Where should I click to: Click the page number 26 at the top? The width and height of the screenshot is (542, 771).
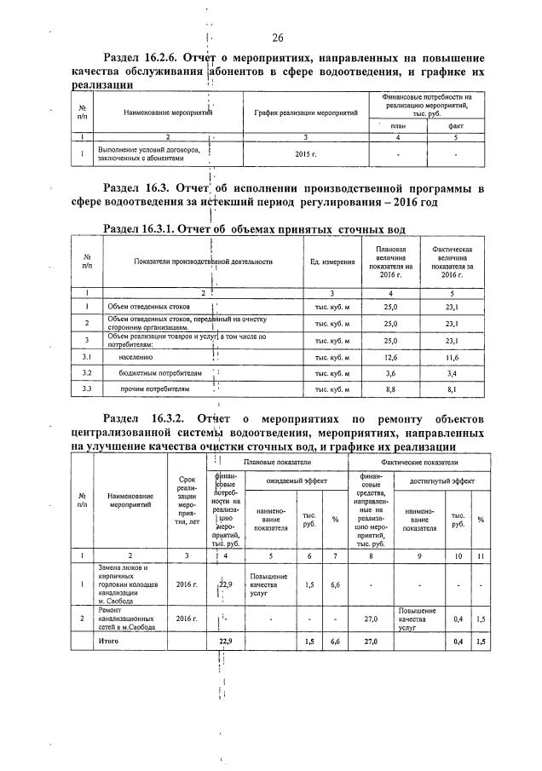pyautogui.click(x=277, y=37)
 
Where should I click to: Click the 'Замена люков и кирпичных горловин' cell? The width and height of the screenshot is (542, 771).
pyautogui.click(x=127, y=584)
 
